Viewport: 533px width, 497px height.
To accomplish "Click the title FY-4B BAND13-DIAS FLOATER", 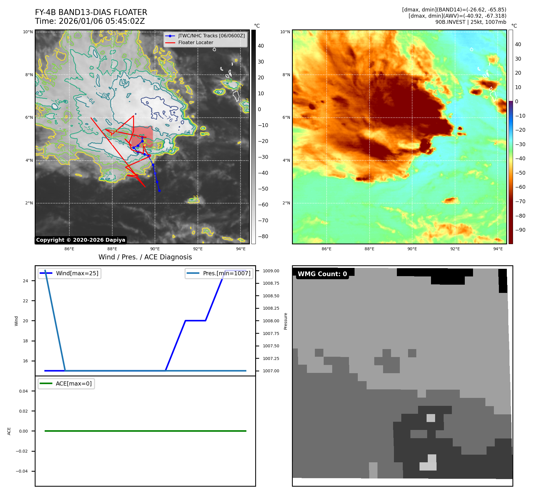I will coord(91,12).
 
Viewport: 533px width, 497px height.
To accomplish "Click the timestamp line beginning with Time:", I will coord(90,21).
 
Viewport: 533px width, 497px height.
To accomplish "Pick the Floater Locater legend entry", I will coord(196,42).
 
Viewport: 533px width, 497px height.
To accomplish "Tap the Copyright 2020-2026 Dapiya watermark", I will coord(81,240).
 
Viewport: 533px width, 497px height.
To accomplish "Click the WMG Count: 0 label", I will coord(322,274).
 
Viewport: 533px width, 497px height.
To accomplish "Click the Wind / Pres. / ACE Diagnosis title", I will coord(145,257).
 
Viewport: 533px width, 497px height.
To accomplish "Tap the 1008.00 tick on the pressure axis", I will coord(271,321).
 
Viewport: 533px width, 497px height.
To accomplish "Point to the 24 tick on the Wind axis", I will coord(26,281).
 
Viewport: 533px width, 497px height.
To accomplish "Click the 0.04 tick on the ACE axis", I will coord(24,391).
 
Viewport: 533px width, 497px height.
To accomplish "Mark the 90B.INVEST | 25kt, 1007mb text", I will coord(471,22).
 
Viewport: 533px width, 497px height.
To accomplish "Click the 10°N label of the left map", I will coord(28,32).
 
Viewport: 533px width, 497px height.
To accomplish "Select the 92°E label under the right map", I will coord(455,249).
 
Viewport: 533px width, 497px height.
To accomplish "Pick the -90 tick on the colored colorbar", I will coord(520,230).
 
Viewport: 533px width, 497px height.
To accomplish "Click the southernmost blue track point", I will coord(159,191).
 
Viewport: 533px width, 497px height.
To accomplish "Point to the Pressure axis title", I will coord(285,321).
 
